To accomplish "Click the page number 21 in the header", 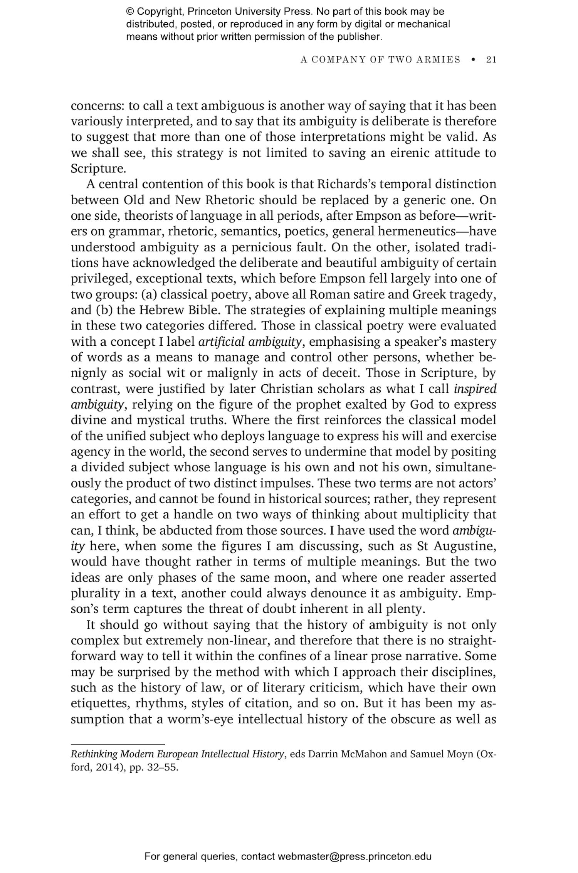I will tap(491, 59).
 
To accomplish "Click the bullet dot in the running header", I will tap(473, 60).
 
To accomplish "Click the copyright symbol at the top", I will tap(130, 12).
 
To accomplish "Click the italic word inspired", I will tap(475, 389).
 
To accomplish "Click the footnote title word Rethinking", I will tap(94, 754).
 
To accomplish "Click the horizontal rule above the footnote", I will tap(118, 744).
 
